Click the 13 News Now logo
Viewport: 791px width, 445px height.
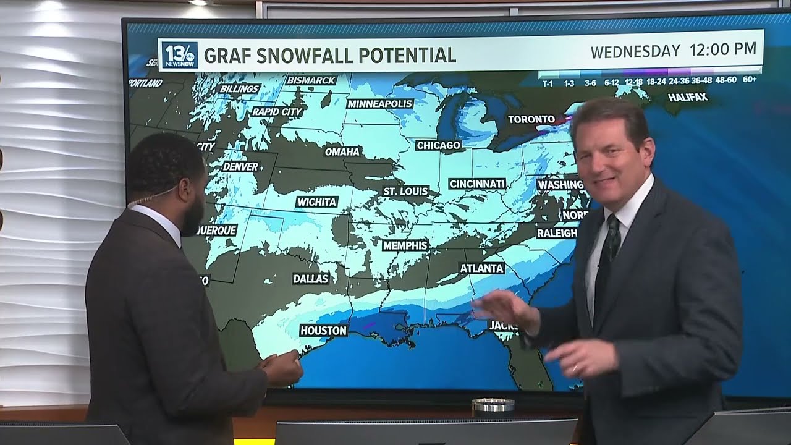coord(180,55)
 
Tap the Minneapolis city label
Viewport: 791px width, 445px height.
coord(379,104)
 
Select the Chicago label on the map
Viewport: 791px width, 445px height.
coord(438,145)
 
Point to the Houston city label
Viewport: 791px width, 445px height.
coord(323,331)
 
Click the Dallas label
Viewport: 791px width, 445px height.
coord(311,279)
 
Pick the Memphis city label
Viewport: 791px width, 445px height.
coord(405,245)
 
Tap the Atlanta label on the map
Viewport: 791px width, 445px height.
coord(482,268)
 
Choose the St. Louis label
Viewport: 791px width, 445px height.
coord(405,192)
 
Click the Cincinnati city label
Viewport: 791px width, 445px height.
coord(477,184)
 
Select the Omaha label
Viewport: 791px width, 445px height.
coord(342,151)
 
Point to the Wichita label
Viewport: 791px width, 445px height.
coord(317,201)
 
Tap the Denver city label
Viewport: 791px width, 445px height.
coord(240,166)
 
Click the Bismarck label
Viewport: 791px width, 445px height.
coord(311,80)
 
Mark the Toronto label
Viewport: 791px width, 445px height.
coord(531,119)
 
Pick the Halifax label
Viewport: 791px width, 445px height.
coord(687,98)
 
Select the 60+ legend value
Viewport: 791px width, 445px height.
coord(750,80)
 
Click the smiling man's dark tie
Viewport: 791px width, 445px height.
coord(606,259)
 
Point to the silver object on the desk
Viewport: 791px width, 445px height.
coord(493,405)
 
